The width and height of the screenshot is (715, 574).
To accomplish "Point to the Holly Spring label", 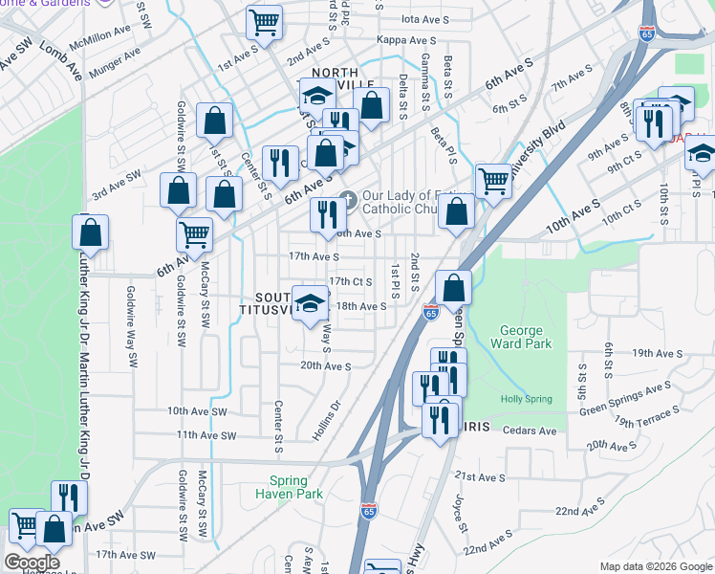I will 519,398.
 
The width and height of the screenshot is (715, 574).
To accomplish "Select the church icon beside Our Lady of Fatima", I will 349,201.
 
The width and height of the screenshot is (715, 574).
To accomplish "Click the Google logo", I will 31,563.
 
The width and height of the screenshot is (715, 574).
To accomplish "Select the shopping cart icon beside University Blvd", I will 492,179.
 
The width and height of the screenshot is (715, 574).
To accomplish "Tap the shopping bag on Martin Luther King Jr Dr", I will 91,232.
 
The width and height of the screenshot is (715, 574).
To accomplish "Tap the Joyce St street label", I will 460,514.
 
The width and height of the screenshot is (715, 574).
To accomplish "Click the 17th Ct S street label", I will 350,281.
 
